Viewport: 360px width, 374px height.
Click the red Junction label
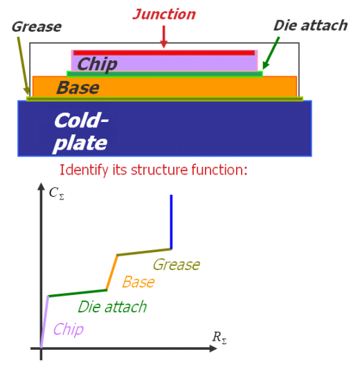[164, 15]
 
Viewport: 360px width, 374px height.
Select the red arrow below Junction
[164, 37]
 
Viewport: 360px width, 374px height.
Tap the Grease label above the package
[37, 27]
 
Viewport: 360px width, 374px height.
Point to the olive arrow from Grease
[24, 66]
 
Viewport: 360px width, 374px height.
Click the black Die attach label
[310, 26]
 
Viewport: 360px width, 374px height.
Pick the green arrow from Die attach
[271, 53]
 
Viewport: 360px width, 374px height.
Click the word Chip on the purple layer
[98, 64]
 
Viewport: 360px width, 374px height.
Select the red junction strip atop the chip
[164, 53]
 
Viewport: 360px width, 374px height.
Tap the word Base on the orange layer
[78, 87]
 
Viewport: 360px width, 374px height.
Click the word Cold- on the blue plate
[81, 121]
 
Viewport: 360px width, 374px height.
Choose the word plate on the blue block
[80, 143]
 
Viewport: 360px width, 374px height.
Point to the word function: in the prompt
[219, 170]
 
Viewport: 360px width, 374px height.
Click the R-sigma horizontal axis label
[219, 337]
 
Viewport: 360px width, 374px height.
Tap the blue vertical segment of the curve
[171, 222]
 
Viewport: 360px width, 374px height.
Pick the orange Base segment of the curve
[112, 273]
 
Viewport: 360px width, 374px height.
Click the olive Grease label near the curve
[177, 265]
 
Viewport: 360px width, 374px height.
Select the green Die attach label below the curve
[112, 307]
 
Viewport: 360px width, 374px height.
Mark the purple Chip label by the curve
[69, 330]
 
